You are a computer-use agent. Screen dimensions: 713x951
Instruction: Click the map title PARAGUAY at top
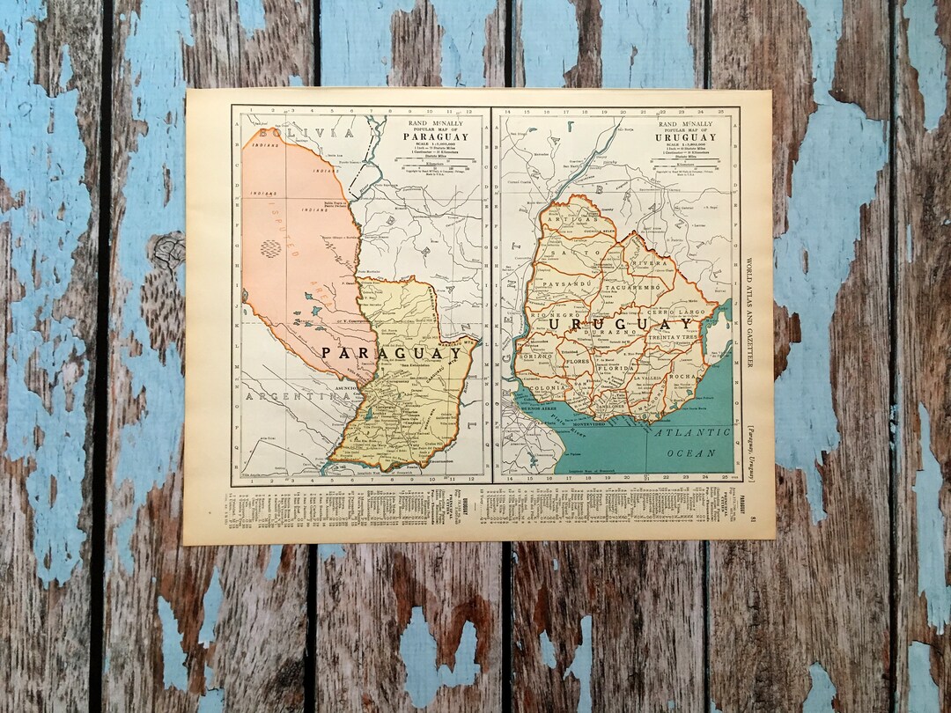[432, 136]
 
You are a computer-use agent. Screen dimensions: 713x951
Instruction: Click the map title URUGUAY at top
[685, 137]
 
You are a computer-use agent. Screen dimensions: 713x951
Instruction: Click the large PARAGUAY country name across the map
[376, 352]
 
